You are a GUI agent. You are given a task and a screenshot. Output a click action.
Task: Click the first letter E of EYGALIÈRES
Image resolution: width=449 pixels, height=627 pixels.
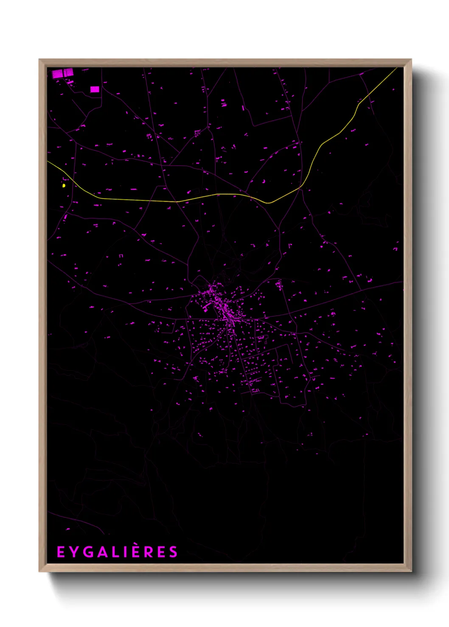point(61,552)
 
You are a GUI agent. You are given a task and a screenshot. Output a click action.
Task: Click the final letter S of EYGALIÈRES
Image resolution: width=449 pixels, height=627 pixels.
point(173,552)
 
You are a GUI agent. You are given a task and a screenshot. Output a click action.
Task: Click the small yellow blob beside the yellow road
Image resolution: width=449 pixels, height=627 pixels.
point(64,186)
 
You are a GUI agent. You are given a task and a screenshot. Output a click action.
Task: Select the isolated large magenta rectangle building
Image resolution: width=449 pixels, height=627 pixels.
point(95,89)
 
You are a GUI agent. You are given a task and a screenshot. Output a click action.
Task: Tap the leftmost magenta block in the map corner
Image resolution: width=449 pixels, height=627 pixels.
point(58,74)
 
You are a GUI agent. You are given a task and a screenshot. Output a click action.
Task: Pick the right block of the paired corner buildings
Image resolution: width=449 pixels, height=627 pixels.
point(69,73)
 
